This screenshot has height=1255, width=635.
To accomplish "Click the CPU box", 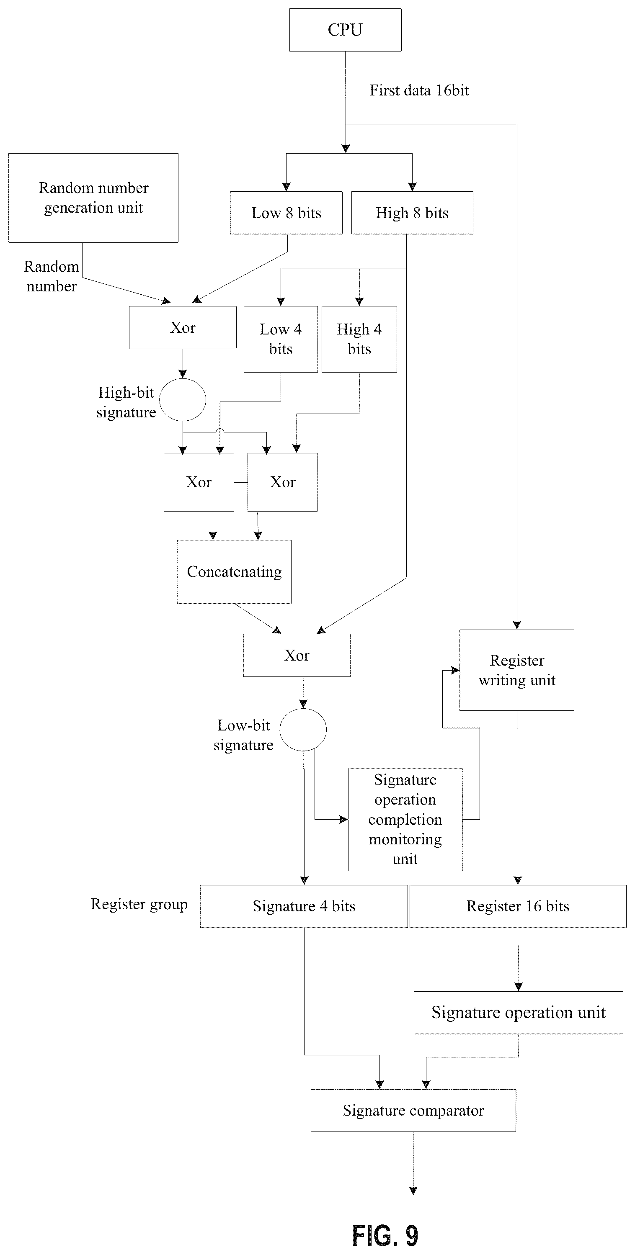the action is pyautogui.click(x=345, y=30).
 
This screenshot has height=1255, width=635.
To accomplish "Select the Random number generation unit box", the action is pyautogui.click(x=93, y=198).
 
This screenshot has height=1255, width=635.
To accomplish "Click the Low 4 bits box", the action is pyautogui.click(x=281, y=339).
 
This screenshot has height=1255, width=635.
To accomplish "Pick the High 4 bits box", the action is pyautogui.click(x=359, y=339).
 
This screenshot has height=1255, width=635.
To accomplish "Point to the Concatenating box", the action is pyautogui.click(x=234, y=571).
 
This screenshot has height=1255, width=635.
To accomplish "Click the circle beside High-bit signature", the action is pyautogui.click(x=183, y=399).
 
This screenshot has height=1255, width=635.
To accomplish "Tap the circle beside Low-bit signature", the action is pyautogui.click(x=303, y=729).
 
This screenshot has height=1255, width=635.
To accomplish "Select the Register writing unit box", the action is pyautogui.click(x=516, y=670).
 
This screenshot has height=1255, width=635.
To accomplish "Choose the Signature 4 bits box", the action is pyautogui.click(x=304, y=906).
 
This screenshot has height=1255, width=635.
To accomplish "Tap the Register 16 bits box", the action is pyautogui.click(x=518, y=906).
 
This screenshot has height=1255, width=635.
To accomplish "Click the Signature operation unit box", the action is pyautogui.click(x=518, y=1012).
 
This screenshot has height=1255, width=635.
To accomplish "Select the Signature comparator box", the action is pyautogui.click(x=413, y=1110).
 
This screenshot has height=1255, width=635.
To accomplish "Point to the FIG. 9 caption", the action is pyautogui.click(x=385, y=1235).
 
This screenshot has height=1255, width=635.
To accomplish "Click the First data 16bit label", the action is pyautogui.click(x=419, y=90).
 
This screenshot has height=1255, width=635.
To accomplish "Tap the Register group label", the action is pyautogui.click(x=139, y=904).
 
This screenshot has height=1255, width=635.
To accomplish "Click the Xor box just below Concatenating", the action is pyautogui.click(x=297, y=655).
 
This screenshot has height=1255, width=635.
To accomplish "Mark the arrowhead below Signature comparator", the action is pyautogui.click(x=413, y=1191).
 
